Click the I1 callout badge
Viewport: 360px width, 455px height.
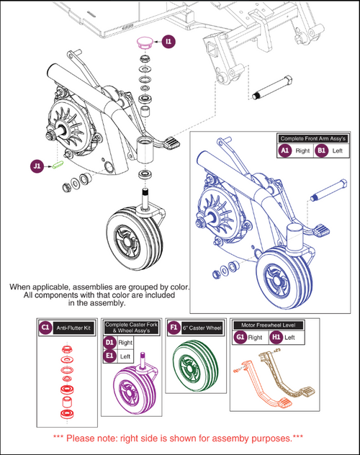point(168,42)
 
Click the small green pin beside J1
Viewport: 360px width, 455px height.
point(58,164)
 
